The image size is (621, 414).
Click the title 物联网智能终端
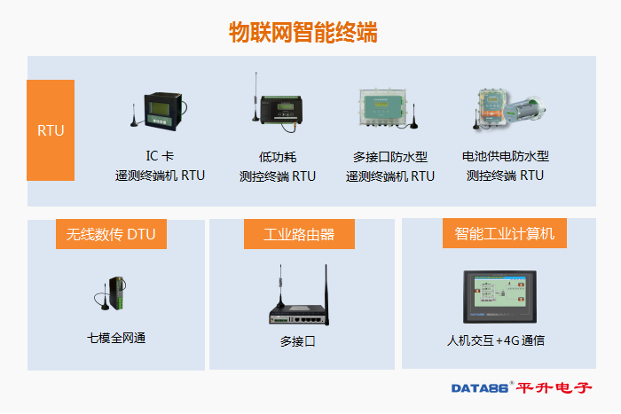[x=303, y=33]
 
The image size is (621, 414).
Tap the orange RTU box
[x=51, y=130]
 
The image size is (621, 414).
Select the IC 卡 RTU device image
[x=159, y=111]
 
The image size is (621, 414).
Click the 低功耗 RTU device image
[x=278, y=103]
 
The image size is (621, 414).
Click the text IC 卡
[x=160, y=156]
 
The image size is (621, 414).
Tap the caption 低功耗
[x=277, y=157]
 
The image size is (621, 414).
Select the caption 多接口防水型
[x=390, y=157]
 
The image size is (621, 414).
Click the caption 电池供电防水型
[x=506, y=156]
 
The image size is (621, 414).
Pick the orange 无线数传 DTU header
[x=111, y=234]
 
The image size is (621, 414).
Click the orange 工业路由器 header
[x=299, y=234]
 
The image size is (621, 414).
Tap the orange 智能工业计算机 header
[x=505, y=233]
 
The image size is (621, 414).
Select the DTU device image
[x=110, y=293]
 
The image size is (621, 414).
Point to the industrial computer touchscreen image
[x=499, y=297]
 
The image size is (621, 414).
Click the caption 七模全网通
[x=116, y=338]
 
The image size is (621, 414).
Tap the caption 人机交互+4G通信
[x=496, y=340]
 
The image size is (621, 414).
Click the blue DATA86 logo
[x=480, y=388]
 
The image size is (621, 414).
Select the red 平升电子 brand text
[x=554, y=388]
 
